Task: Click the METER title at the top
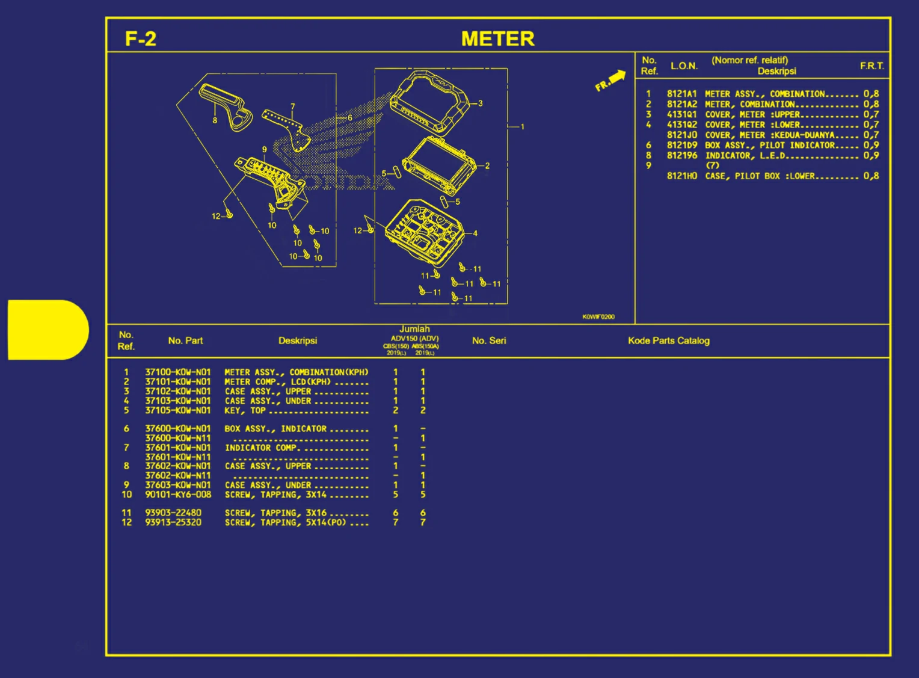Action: (497, 39)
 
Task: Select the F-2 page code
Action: (141, 39)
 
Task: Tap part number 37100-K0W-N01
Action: (177, 372)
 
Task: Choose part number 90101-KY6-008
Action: (177, 495)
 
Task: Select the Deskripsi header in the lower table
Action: (297, 341)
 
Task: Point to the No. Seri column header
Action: (488, 341)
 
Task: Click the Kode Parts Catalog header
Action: (668, 341)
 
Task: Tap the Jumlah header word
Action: (414, 329)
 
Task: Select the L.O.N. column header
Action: (684, 66)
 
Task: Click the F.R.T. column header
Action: (871, 66)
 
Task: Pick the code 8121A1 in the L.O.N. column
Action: (681, 94)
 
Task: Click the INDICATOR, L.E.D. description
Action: (745, 155)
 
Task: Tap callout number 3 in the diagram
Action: (481, 103)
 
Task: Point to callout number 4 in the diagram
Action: (475, 233)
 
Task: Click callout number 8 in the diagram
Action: (215, 120)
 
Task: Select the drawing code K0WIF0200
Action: (598, 316)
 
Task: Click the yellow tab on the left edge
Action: (48, 330)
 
